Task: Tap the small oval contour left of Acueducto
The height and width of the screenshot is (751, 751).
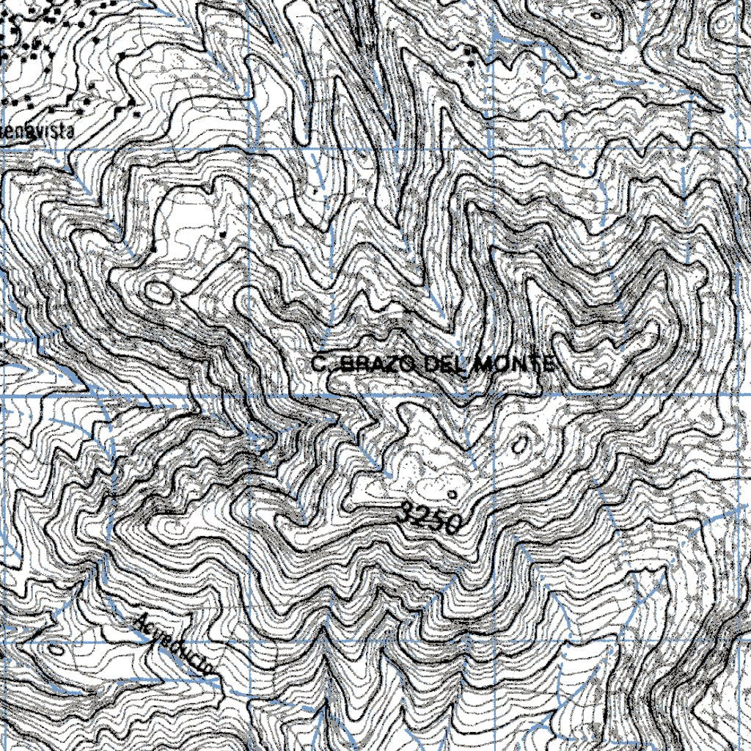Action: pos(56,649)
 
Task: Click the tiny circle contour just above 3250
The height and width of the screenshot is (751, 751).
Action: pos(453,494)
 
